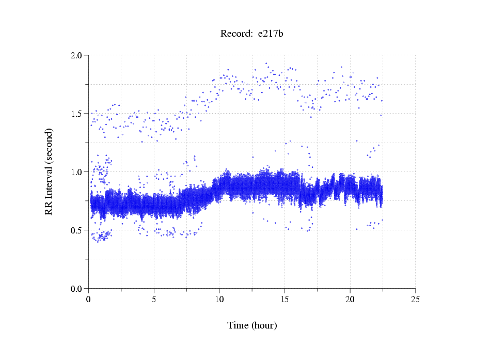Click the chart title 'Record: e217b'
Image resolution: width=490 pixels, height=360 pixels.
pyautogui.click(x=251, y=34)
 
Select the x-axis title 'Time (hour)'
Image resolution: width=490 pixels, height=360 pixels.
pyautogui.click(x=252, y=325)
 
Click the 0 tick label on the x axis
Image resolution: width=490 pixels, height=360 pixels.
pyautogui.click(x=89, y=299)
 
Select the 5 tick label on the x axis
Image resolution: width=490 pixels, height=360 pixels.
pyautogui.click(x=154, y=299)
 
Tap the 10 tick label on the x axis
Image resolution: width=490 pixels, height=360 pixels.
pyautogui.click(x=219, y=299)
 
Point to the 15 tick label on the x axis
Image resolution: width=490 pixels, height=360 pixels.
pyautogui.click(x=284, y=299)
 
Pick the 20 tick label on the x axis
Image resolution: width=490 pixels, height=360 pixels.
pyautogui.click(x=350, y=299)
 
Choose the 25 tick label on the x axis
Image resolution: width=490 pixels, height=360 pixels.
pyautogui.click(x=415, y=299)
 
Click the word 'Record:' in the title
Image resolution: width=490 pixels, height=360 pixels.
pyautogui.click(x=236, y=34)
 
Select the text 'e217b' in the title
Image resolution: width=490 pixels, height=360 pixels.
pyautogui.click(x=270, y=34)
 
